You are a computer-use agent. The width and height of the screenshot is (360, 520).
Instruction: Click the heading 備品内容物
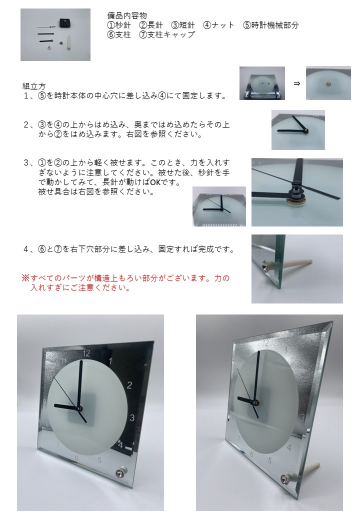pyautogui.click(x=127, y=15)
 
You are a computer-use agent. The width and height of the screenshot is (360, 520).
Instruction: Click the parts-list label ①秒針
pyautogui.click(x=119, y=25)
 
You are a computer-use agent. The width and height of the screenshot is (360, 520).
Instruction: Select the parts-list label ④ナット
pyautogui.click(x=219, y=25)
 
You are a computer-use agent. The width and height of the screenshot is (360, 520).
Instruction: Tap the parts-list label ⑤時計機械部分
pyautogui.click(x=271, y=25)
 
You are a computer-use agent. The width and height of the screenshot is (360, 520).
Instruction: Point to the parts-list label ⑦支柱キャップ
pyautogui.click(x=166, y=34)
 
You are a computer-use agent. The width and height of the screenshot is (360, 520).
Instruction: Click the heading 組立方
pyautogui.click(x=34, y=86)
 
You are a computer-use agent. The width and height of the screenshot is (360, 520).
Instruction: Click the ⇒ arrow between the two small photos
pyautogui.click(x=297, y=83)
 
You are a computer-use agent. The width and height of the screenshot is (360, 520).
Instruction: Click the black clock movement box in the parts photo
pyautogui.click(x=65, y=23)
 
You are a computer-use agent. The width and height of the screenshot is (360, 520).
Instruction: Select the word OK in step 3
pyautogui.click(x=155, y=182)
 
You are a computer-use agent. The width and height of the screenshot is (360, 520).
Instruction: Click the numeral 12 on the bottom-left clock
pyautogui.click(x=86, y=353)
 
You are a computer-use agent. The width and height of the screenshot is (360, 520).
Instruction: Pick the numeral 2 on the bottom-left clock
pyautogui.click(x=129, y=385)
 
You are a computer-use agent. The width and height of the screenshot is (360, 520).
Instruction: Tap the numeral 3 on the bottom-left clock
pyautogui.click(x=132, y=417)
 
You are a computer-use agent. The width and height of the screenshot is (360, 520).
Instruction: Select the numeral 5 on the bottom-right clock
pyautogui.click(x=270, y=460)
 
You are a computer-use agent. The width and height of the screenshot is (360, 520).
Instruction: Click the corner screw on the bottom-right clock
pyautogui.click(x=285, y=478)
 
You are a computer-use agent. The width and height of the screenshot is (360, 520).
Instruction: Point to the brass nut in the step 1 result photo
pyautogui.click(x=327, y=84)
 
